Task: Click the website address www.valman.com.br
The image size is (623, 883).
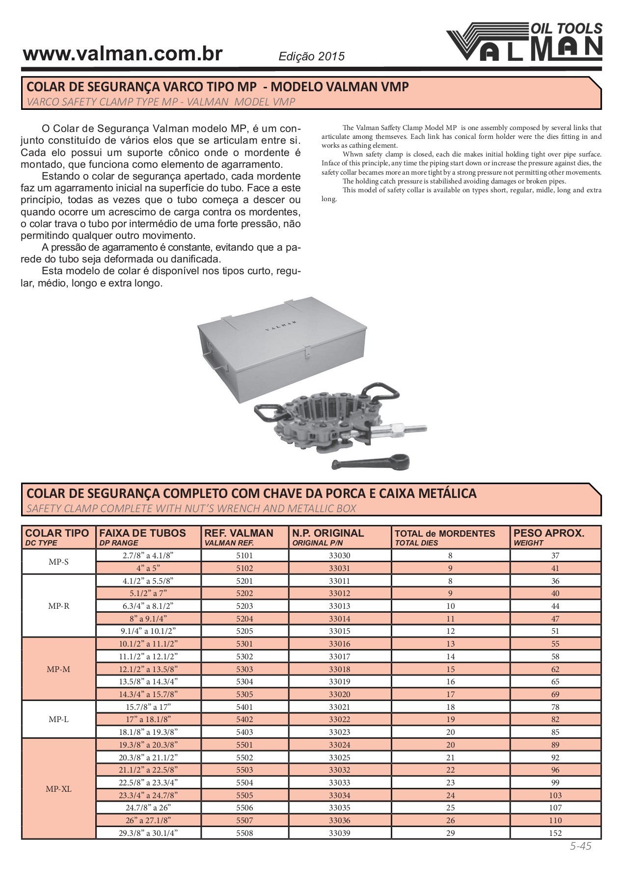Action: [x=123, y=54]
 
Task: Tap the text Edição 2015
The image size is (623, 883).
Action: [x=311, y=56]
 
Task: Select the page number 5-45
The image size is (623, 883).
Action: [x=580, y=846]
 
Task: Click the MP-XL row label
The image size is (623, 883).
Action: [x=58, y=789]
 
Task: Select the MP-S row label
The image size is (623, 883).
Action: [x=58, y=562]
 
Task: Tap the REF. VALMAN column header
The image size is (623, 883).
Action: [x=238, y=537]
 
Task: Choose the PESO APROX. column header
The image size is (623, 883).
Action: [x=548, y=537]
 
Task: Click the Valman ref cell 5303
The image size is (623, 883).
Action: [x=244, y=669]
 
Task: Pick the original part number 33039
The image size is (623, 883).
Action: [x=340, y=833]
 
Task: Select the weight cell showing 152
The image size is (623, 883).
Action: [x=555, y=833]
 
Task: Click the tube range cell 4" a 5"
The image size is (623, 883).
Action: [x=148, y=568]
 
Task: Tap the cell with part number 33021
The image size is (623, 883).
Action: [x=340, y=707]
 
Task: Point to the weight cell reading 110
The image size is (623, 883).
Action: [x=555, y=820]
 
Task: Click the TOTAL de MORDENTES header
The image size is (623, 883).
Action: [x=445, y=537]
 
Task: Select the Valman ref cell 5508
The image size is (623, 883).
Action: [x=244, y=833]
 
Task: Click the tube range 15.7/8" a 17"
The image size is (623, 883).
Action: [x=148, y=707]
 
